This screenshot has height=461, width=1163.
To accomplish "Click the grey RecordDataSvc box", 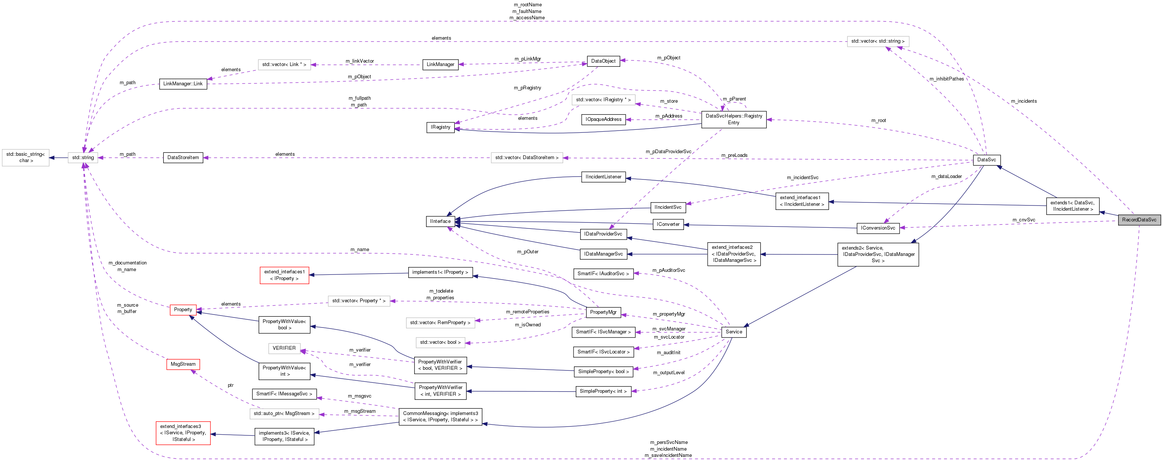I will tap(1139, 220).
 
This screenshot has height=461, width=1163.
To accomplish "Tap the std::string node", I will tap(83, 158).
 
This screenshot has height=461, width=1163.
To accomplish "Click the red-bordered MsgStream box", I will tap(183, 364).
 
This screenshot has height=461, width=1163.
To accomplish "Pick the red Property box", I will tap(183, 310).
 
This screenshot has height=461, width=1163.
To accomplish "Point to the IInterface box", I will tap(440, 221).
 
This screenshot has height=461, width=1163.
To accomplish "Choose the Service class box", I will tap(734, 332).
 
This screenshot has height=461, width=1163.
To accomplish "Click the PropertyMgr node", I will tap(603, 312).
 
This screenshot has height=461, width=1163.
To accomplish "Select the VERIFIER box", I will tap(284, 348).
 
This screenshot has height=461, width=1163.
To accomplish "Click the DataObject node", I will tap(603, 61).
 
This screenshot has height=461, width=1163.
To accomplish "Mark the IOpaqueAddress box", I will tap(603, 119).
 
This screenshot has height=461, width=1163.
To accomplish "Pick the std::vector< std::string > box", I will tap(877, 42).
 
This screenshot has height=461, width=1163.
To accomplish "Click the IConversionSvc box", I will tap(878, 228).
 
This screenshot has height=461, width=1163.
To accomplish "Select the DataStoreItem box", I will tap(183, 158).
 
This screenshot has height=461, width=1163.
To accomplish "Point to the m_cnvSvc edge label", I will tap(1023, 220).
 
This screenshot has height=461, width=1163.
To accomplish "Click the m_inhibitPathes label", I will tap(946, 79).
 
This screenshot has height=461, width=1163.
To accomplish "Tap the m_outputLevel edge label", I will tap(669, 373).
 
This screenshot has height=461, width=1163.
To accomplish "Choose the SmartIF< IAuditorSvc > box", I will tap(603, 274).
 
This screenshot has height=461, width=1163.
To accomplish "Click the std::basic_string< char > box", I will tap(25, 158).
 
